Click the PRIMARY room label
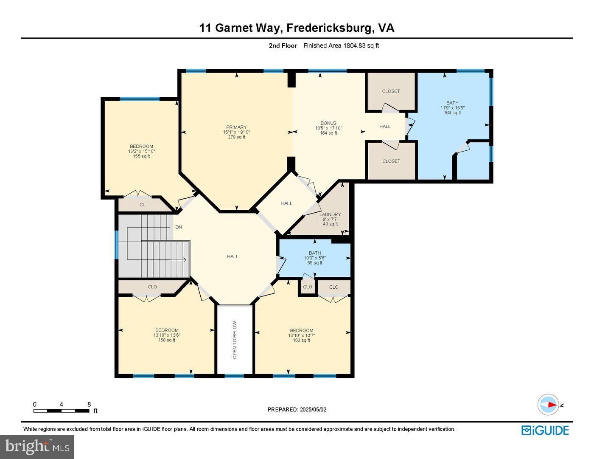(x=236, y=127)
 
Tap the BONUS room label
(x=328, y=123)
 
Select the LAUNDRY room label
(x=330, y=214)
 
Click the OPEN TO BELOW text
(x=235, y=340)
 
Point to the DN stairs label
(x=179, y=227)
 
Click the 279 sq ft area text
(x=236, y=137)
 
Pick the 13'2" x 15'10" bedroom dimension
(x=141, y=151)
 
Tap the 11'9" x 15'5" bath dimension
(x=452, y=108)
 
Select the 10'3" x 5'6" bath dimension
(x=315, y=258)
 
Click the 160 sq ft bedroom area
(x=167, y=340)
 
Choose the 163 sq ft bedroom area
(x=302, y=340)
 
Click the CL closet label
(x=142, y=205)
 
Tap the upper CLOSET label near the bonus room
(x=391, y=91)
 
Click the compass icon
(x=548, y=405)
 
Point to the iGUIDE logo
(x=545, y=430)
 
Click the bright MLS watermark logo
(x=37, y=447)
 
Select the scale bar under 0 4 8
(x=61, y=411)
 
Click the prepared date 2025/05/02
(x=313, y=410)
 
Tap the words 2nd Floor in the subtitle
(x=283, y=46)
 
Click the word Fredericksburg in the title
(x=331, y=28)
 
